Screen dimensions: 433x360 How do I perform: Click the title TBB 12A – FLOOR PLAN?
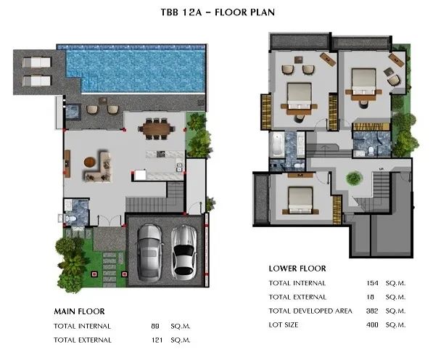pos(218,12)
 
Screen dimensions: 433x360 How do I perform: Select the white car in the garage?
pos(183,253)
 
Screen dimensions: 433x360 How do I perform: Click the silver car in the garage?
pos(149,253)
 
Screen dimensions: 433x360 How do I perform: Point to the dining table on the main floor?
pos(157,128)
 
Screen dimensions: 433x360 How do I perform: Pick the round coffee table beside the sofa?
pos(90,162)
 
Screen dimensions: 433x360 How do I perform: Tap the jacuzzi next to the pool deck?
pos(73,111)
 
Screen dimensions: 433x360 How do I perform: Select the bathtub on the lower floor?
pos(277,144)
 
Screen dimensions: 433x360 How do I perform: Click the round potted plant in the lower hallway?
pos(354,179)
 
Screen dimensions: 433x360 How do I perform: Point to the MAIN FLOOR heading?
pos(79,311)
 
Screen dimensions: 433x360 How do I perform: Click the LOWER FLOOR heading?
pos(297,269)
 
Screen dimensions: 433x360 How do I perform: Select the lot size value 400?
pos(372,325)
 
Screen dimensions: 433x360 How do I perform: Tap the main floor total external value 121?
pos(157,340)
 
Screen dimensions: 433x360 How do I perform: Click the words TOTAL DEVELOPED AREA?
pos(310,311)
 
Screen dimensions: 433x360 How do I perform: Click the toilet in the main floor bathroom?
pos(70,218)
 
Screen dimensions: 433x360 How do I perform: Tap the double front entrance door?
pos(110,221)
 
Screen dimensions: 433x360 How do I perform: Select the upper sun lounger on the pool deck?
pos(37,62)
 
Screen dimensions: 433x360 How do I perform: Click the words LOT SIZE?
pos(284,325)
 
